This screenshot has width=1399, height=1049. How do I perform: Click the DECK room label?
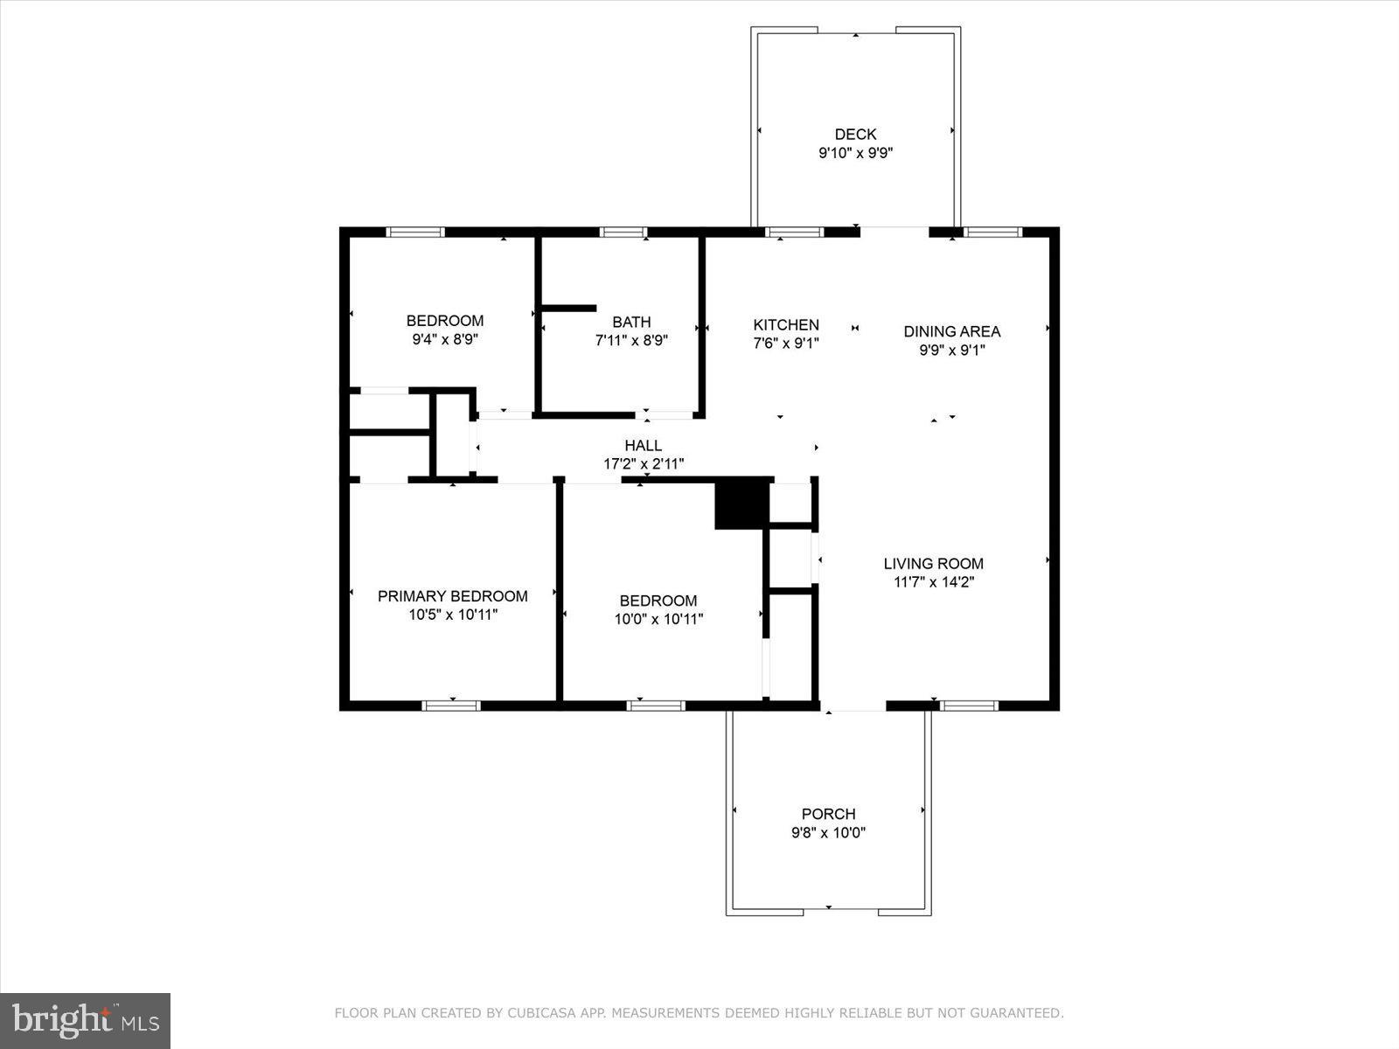855,134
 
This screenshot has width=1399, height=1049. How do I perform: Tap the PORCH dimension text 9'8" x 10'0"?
828,833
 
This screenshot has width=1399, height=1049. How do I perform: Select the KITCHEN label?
786,325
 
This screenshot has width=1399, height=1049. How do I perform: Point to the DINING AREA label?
951,331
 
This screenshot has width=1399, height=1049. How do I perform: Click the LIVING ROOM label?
933,564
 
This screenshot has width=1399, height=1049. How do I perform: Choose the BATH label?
631,322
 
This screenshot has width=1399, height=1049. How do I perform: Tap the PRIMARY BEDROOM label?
452,596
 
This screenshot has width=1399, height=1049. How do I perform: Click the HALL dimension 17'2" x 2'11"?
644,464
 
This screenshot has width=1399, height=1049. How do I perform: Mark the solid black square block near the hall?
741,505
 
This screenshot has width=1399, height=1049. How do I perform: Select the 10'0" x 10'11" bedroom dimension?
658,619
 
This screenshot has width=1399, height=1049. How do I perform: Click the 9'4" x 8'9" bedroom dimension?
445,339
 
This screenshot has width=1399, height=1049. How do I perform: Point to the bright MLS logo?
85,1020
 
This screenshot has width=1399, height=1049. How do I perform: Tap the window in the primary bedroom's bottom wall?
451,705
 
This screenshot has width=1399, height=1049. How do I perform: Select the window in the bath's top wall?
623,233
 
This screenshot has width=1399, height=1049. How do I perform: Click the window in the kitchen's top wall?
794,233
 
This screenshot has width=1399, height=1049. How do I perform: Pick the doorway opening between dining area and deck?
894,233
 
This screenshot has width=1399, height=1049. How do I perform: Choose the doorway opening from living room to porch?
853,705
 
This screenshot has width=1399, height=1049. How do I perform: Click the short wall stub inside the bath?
568,308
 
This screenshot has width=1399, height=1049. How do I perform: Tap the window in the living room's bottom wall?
970,705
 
